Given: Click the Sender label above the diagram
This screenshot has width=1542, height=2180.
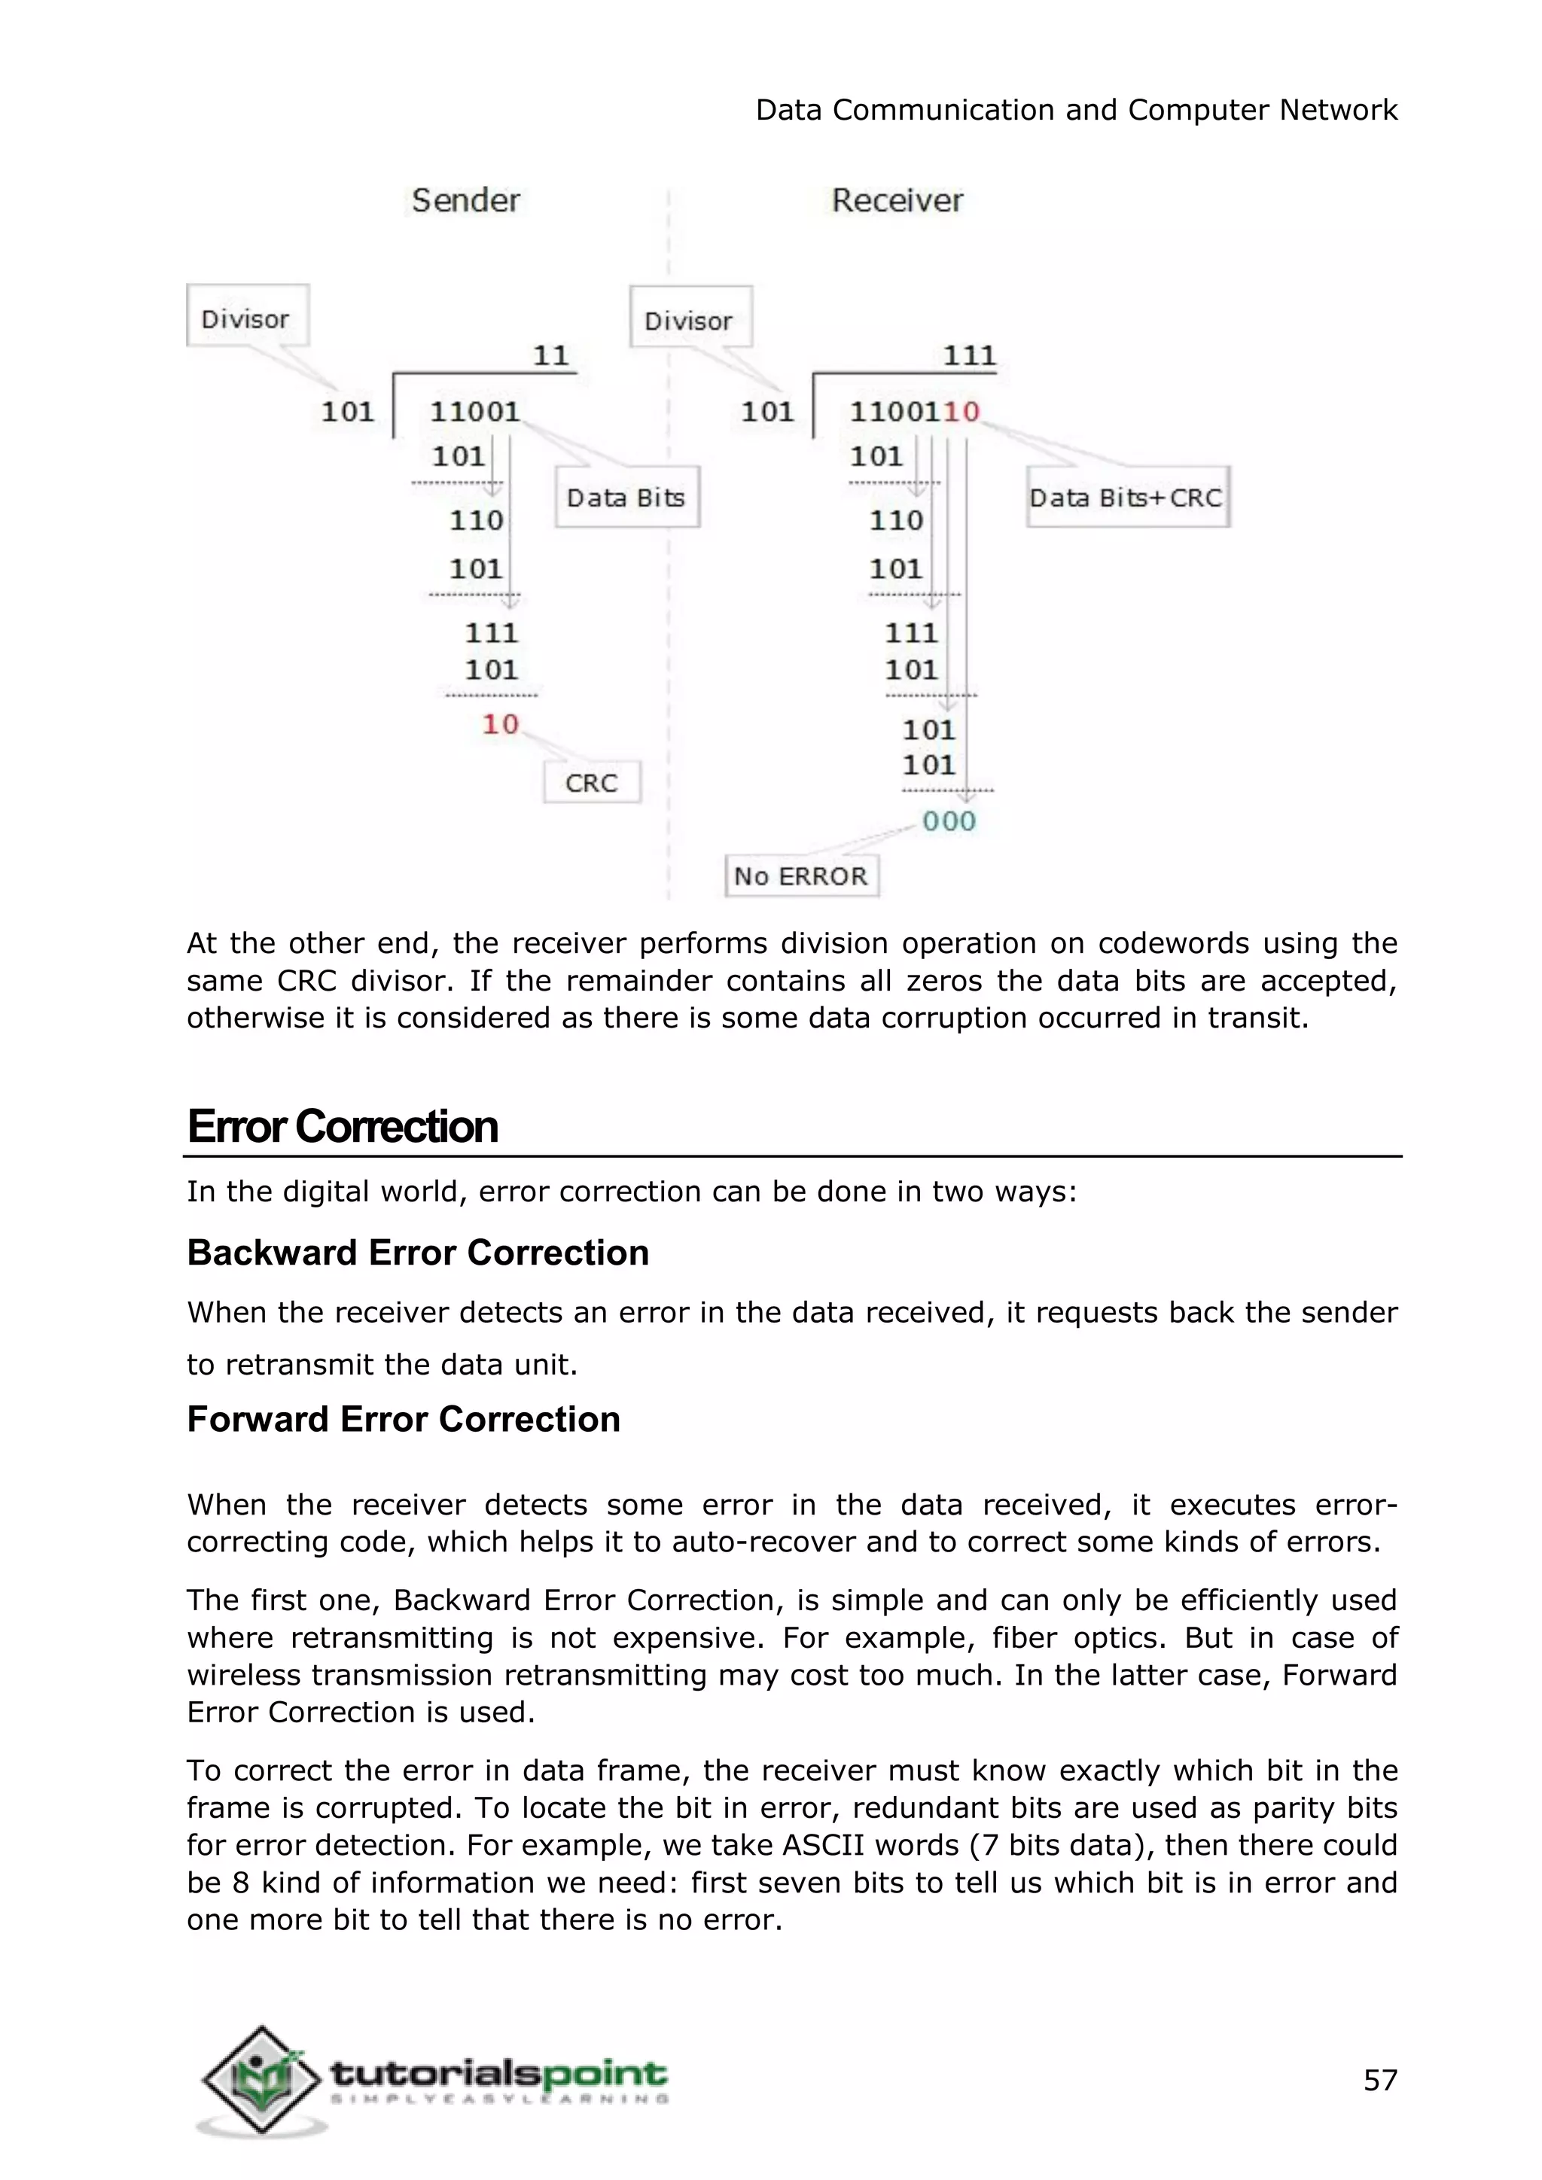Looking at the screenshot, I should pyautogui.click(x=465, y=200).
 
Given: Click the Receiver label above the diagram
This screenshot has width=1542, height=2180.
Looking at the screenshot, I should pyautogui.click(x=897, y=200).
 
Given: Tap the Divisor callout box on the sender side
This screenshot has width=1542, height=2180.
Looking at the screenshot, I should pyautogui.click(x=247, y=317).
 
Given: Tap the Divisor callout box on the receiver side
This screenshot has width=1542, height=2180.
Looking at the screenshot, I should pyautogui.click(x=690, y=319).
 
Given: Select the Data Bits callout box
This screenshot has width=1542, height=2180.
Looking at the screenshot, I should pyautogui.click(x=626, y=498).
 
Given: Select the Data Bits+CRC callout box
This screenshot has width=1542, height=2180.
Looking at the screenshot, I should pyautogui.click(x=1127, y=498).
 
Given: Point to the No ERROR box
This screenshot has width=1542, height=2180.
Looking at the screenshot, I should pyautogui.click(x=801, y=875).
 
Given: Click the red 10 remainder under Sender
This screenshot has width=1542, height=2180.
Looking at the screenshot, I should pyautogui.click(x=501, y=724).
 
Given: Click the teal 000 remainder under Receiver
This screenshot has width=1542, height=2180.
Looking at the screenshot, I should pyautogui.click(x=949, y=821).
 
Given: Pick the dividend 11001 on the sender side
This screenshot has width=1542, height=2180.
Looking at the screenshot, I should pyautogui.click(x=475, y=411).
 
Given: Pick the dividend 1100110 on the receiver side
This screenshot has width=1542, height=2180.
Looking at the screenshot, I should pyautogui.click(x=914, y=411).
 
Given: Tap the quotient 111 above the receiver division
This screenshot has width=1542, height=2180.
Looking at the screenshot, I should pyautogui.click(x=968, y=356).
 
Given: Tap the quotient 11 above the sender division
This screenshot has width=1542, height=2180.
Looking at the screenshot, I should pyautogui.click(x=550, y=356).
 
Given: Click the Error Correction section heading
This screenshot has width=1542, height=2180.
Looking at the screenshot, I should pyautogui.click(x=343, y=1127).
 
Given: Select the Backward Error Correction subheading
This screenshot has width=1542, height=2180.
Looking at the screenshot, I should pyautogui.click(x=418, y=1253).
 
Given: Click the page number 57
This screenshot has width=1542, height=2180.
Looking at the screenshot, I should pyautogui.click(x=1379, y=2081).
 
